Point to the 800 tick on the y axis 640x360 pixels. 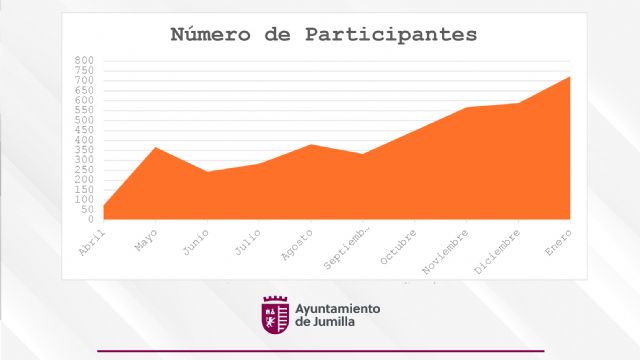(x=84, y=60)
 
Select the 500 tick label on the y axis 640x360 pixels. (x=84, y=120)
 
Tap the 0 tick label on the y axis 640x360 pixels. (x=90, y=219)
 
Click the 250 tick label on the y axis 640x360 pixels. (x=84, y=170)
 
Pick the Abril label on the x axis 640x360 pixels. (x=92, y=240)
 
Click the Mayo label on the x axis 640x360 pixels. (x=145, y=240)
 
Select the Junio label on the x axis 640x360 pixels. (x=195, y=241)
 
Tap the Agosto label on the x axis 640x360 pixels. (x=298, y=244)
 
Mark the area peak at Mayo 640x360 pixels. (x=154, y=147)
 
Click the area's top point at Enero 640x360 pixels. (x=570, y=76)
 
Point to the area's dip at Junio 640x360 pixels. (x=206, y=172)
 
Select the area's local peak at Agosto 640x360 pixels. (x=311, y=144)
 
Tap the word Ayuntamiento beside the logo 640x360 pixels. (x=338, y=308)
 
